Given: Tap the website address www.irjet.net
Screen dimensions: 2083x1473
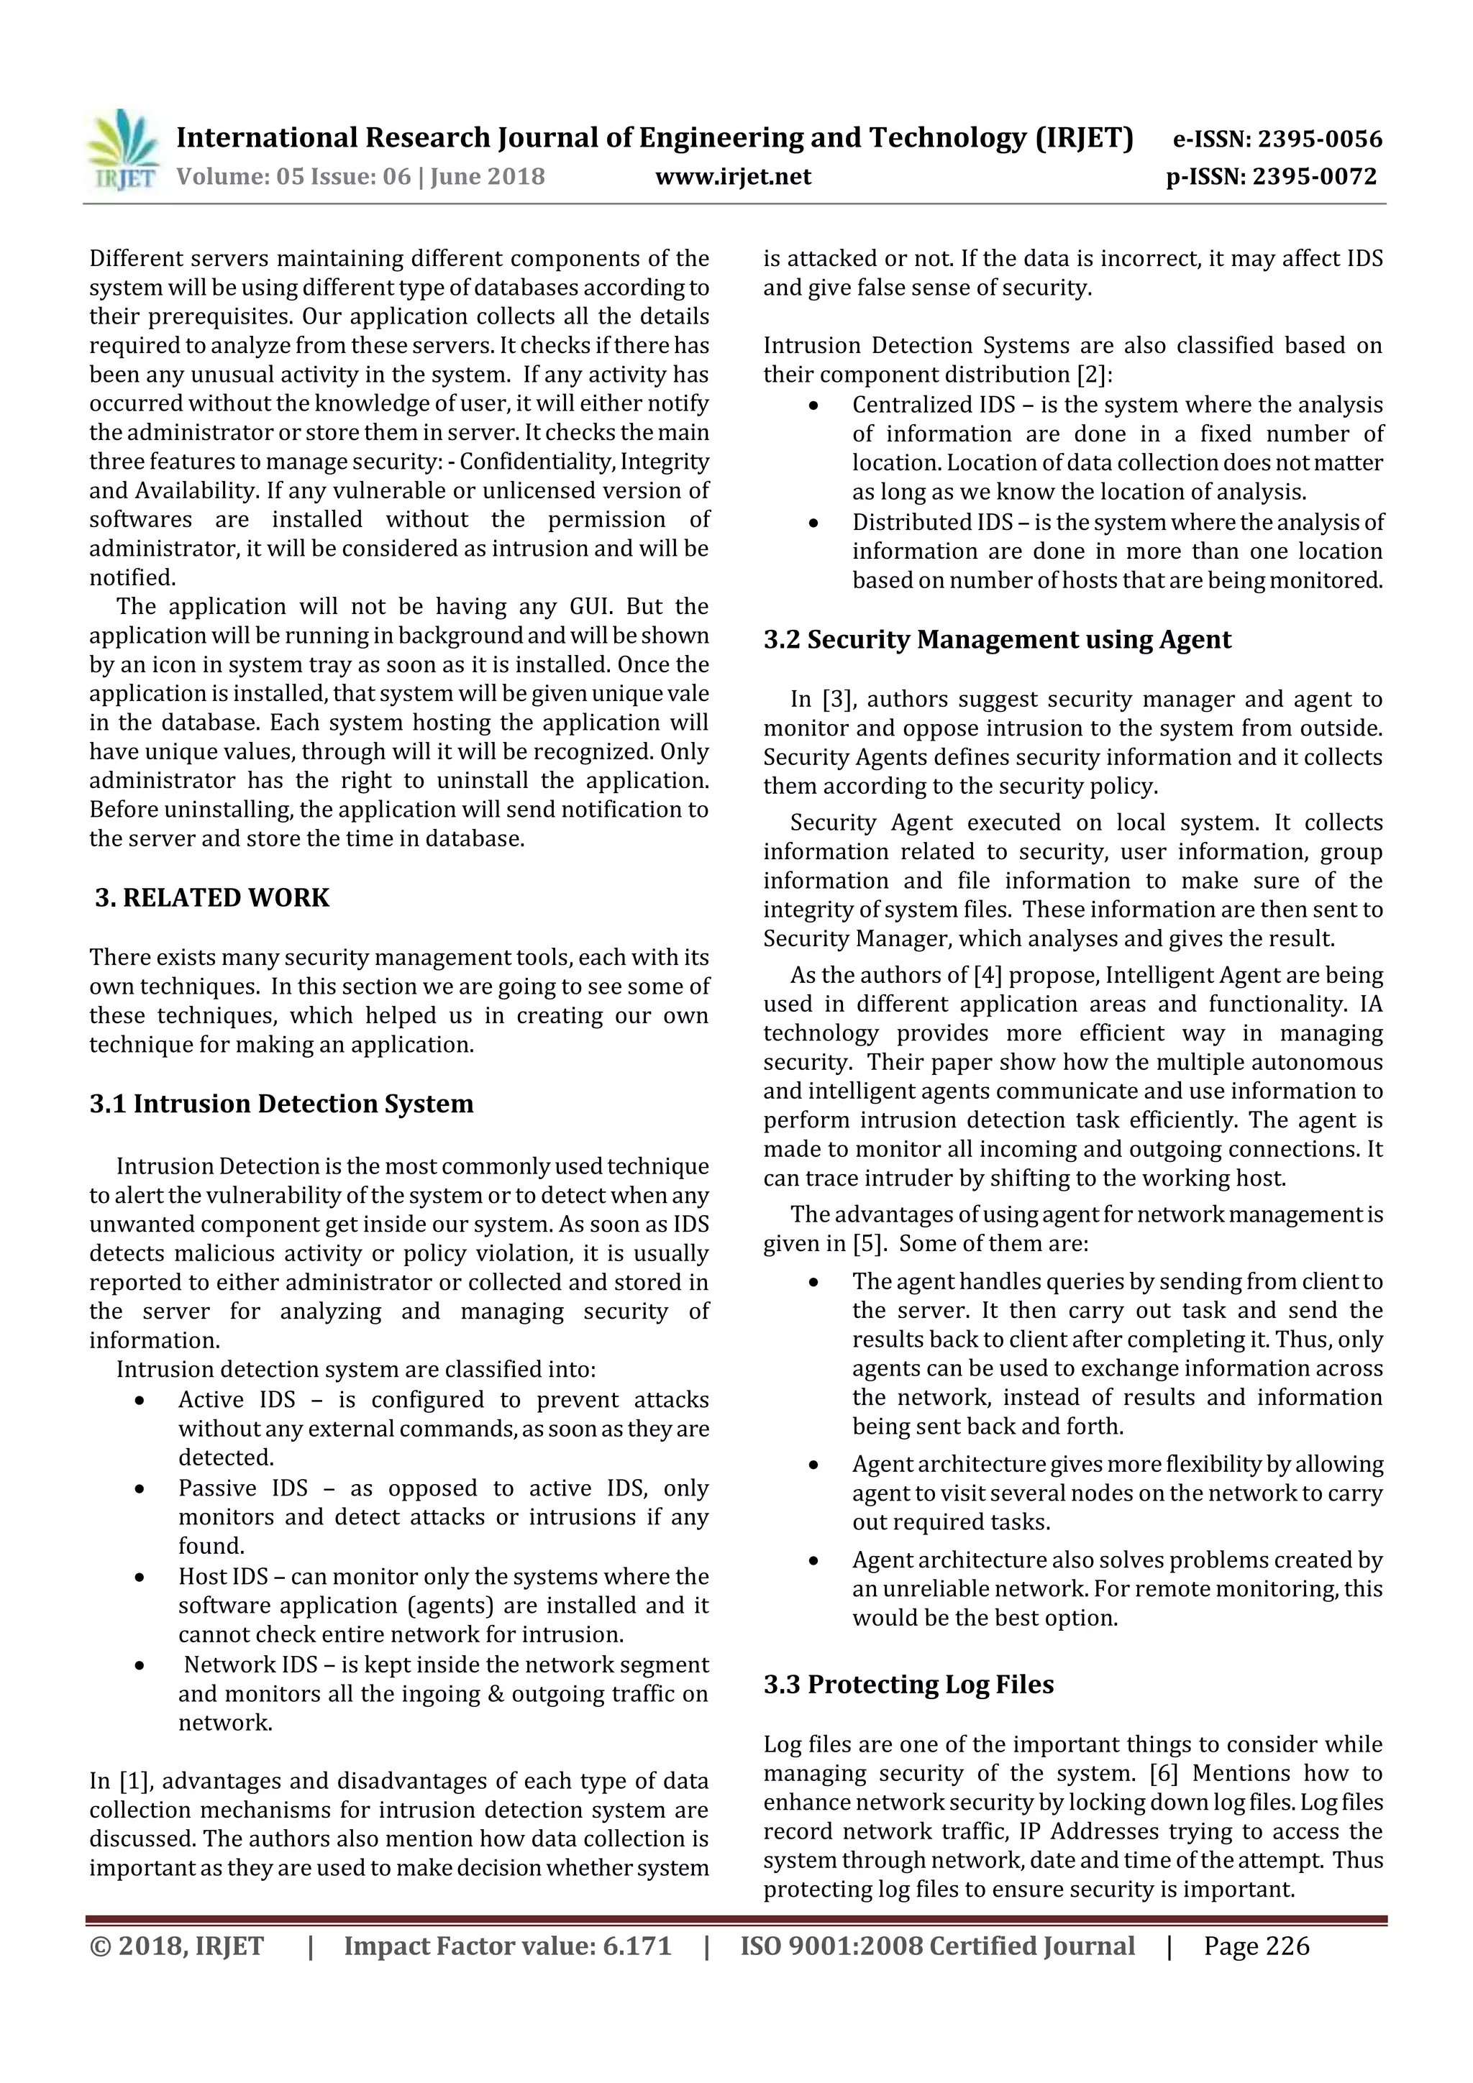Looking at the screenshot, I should [734, 177].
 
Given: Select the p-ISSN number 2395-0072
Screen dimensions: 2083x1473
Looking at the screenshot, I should [1314, 177].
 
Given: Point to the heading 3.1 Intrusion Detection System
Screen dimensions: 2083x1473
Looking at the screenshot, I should [281, 1104].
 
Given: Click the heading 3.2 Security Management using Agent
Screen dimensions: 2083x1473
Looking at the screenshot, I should [997, 640].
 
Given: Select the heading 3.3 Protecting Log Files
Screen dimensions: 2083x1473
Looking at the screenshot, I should [908, 1685].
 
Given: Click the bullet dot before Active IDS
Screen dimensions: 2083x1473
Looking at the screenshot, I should [140, 1401].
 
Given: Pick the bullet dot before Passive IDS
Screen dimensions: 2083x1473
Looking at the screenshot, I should [140, 1489].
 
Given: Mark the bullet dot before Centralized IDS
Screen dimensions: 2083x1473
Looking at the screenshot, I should [813, 406].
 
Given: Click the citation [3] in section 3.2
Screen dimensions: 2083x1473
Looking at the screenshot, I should [835, 700].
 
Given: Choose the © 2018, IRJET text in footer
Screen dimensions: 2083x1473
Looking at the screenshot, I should [176, 1946].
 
